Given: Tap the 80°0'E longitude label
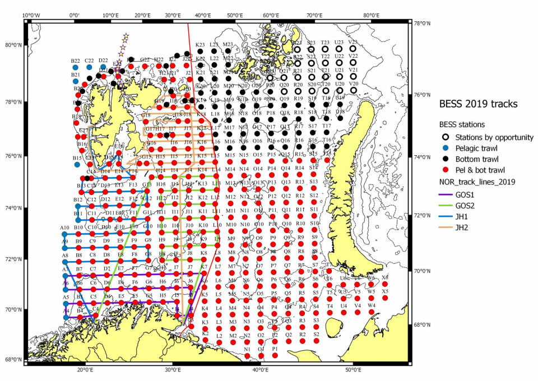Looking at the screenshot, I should coord(372,15).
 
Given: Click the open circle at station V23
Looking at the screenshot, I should coord(353,49).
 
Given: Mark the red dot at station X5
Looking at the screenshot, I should coord(385,298).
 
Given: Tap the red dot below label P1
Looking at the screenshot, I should coord(275,355).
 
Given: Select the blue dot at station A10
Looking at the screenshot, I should coord(65,235).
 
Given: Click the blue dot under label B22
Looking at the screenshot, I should coord(76,67).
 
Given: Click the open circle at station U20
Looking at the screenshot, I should coord(339,90).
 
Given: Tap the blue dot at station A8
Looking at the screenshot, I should coord(65,262).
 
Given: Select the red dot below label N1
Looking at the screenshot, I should coord(247,356).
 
